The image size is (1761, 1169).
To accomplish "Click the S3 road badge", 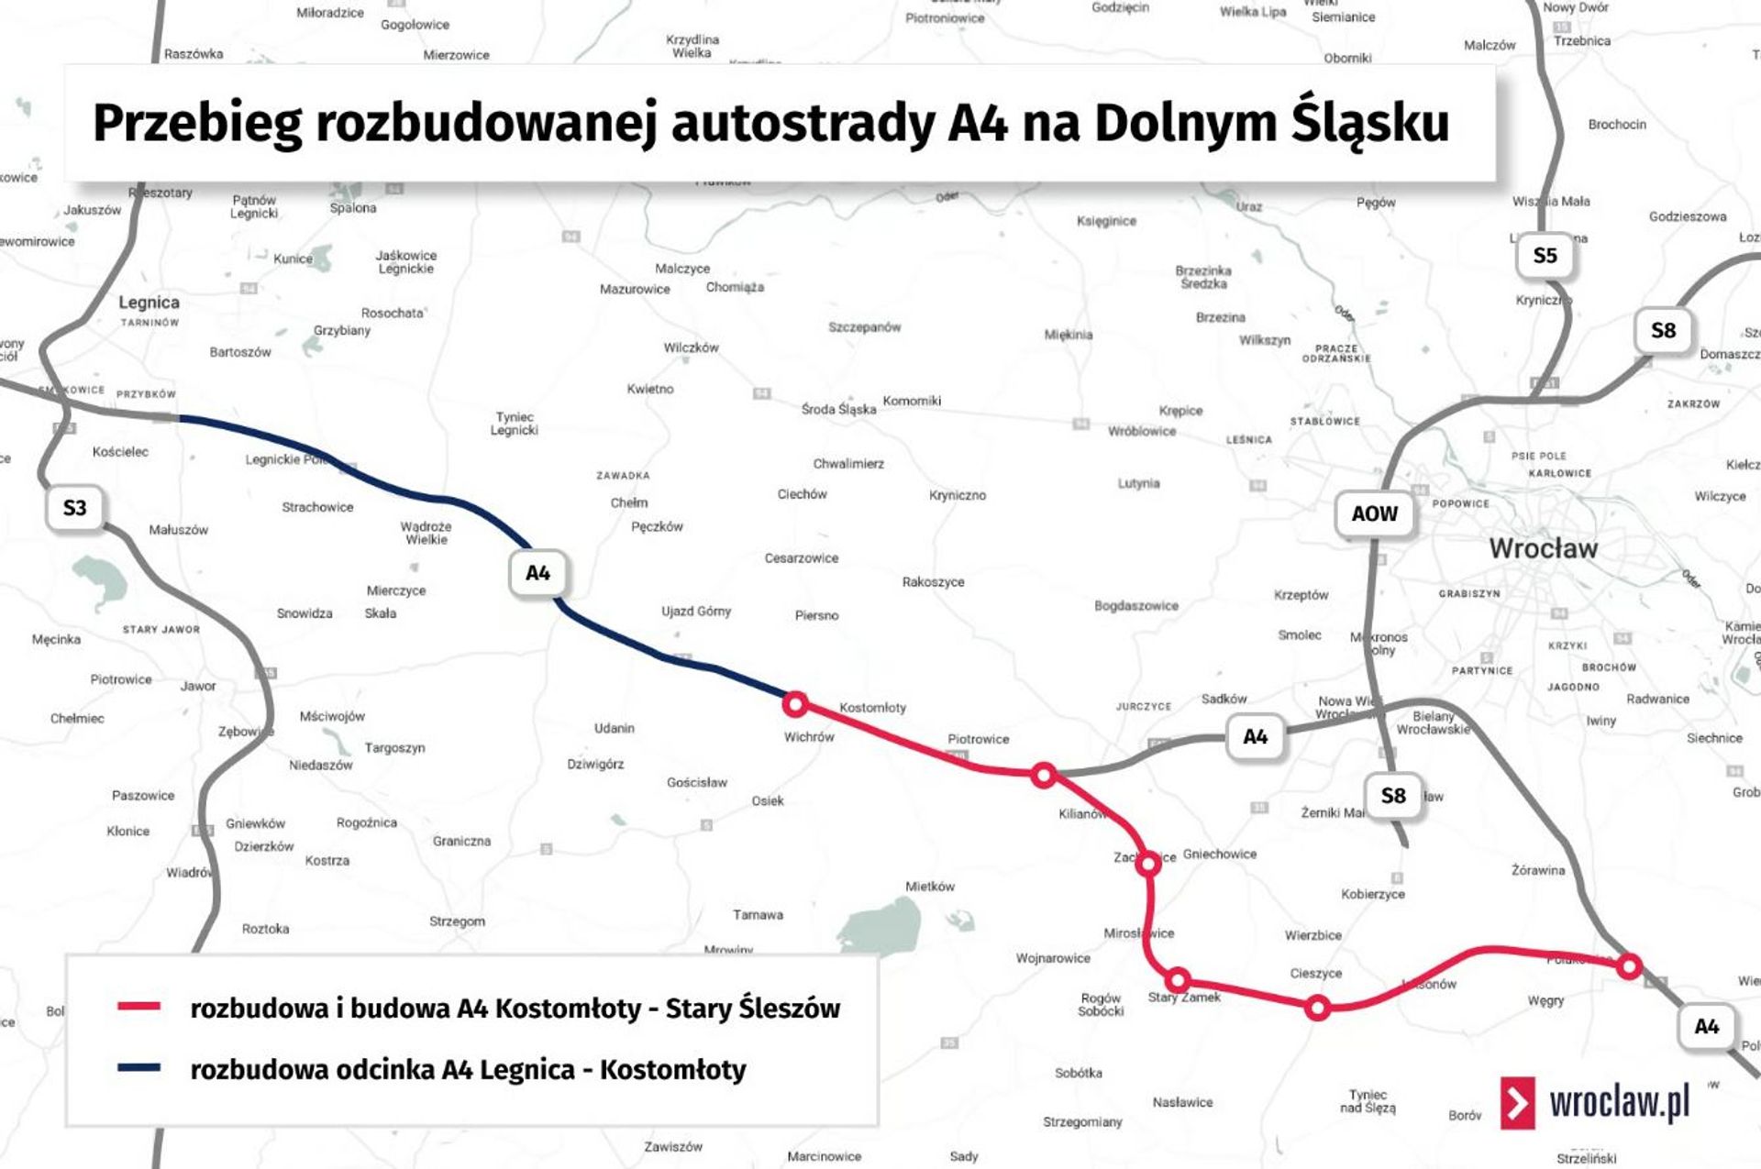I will coord(74,508).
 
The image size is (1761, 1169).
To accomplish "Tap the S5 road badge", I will coord(1545,256).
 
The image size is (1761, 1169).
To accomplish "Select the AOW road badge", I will coord(1374,513).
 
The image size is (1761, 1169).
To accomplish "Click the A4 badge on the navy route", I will coord(537,573).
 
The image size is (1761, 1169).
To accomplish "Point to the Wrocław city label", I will coord(1543,548).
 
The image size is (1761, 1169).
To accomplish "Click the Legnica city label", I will coord(149,303).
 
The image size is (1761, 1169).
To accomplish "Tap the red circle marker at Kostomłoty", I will coord(795,704).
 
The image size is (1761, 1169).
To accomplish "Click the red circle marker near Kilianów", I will coord(1043,776).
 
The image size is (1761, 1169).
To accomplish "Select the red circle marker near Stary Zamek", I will coord(1179,980).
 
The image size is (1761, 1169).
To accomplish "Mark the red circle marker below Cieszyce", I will coord(1317,1009).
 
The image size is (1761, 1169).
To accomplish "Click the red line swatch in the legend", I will coord(139,1007).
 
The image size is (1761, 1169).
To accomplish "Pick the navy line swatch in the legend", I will coord(139,1067).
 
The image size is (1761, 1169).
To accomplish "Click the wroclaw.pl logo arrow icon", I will coord(1518,1102).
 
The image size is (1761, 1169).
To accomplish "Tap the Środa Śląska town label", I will coord(838,409).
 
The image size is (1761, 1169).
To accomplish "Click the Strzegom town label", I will coord(457,921).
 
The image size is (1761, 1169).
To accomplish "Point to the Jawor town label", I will coord(198,686).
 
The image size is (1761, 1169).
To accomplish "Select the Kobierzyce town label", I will coord(1372,894).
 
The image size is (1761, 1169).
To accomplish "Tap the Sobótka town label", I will coord(1078,1073).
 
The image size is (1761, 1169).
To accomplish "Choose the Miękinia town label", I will coord(1069,335).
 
